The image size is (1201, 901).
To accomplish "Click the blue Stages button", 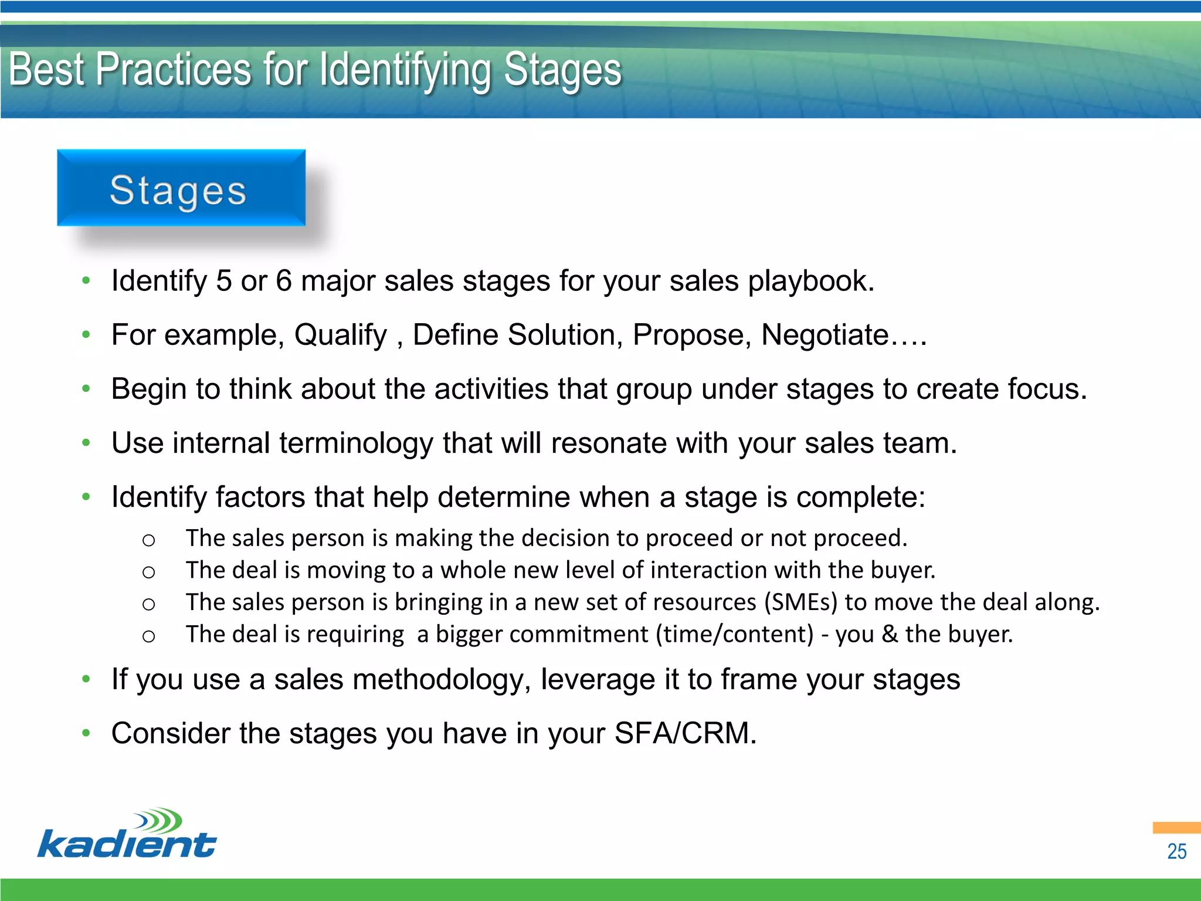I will click(x=181, y=188).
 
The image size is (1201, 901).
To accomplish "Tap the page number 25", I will click(x=1176, y=851).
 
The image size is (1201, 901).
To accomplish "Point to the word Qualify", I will click(x=341, y=335).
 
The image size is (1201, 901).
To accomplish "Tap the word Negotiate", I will click(x=825, y=335).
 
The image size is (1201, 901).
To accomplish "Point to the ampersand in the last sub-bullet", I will click(x=890, y=635).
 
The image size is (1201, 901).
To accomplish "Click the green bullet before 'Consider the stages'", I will click(x=86, y=733).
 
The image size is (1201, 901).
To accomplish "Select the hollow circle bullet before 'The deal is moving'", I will click(x=148, y=572).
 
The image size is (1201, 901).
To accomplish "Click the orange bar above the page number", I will click(x=1176, y=828).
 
